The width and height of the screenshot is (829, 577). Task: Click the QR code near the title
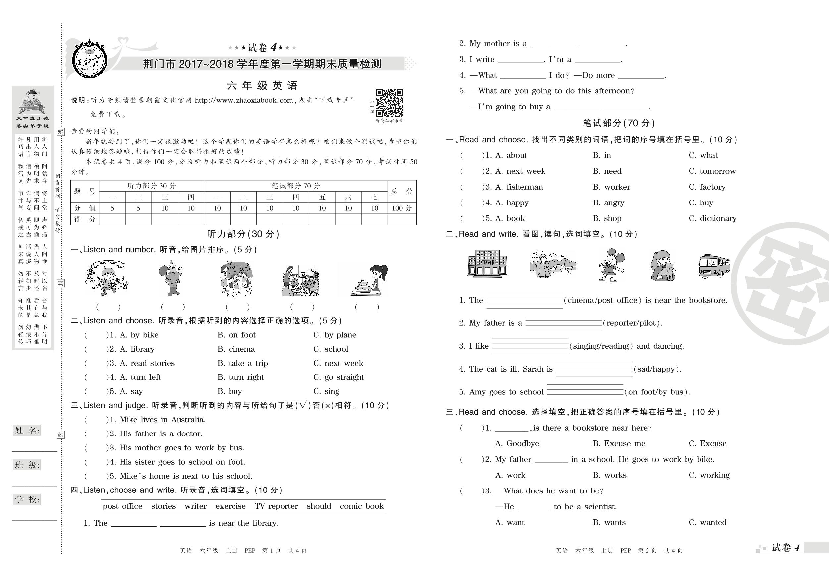pyautogui.click(x=389, y=103)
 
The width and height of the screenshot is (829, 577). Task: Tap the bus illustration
pyautogui.click(x=714, y=266)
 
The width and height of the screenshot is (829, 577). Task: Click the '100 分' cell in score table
pyautogui.click(x=401, y=208)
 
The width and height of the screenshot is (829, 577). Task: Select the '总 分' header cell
pyautogui.click(x=401, y=191)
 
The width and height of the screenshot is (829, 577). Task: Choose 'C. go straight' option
pyautogui.click(x=338, y=377)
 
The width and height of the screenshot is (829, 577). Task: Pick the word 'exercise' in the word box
pyautogui.click(x=231, y=506)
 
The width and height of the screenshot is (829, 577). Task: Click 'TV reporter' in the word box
pyautogui.click(x=276, y=506)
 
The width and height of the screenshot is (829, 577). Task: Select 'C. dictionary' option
pyautogui.click(x=712, y=219)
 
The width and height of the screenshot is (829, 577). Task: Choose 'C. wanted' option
pyautogui.click(x=707, y=522)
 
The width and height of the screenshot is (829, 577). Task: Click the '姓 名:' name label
pyautogui.click(x=27, y=430)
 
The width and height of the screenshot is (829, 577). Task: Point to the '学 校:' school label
pyautogui.click(x=27, y=500)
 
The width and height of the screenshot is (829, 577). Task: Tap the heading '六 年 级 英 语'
pyautogui.click(x=262, y=86)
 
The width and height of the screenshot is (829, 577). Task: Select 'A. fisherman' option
pyautogui.click(x=519, y=187)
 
